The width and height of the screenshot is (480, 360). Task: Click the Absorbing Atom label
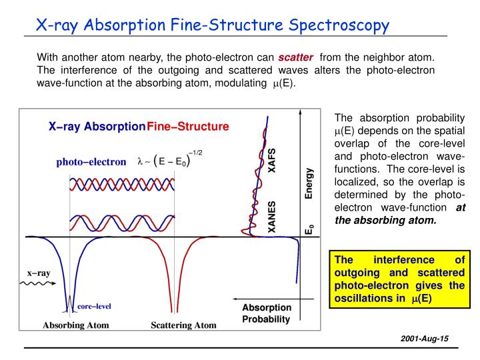(x=76, y=325)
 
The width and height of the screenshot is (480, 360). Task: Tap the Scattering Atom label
(x=184, y=325)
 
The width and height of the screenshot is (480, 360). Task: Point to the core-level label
(x=94, y=307)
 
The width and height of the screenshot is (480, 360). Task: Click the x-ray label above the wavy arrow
(x=39, y=273)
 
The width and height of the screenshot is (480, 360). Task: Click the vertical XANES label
(x=271, y=217)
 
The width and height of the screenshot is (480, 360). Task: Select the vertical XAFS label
(x=271, y=161)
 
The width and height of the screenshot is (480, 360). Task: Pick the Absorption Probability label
(x=266, y=313)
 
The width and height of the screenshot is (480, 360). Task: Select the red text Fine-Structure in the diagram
(x=188, y=127)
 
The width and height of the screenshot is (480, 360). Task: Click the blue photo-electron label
(x=91, y=161)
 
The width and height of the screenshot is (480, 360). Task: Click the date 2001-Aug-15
(x=425, y=339)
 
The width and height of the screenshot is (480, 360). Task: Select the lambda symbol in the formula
(x=140, y=161)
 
